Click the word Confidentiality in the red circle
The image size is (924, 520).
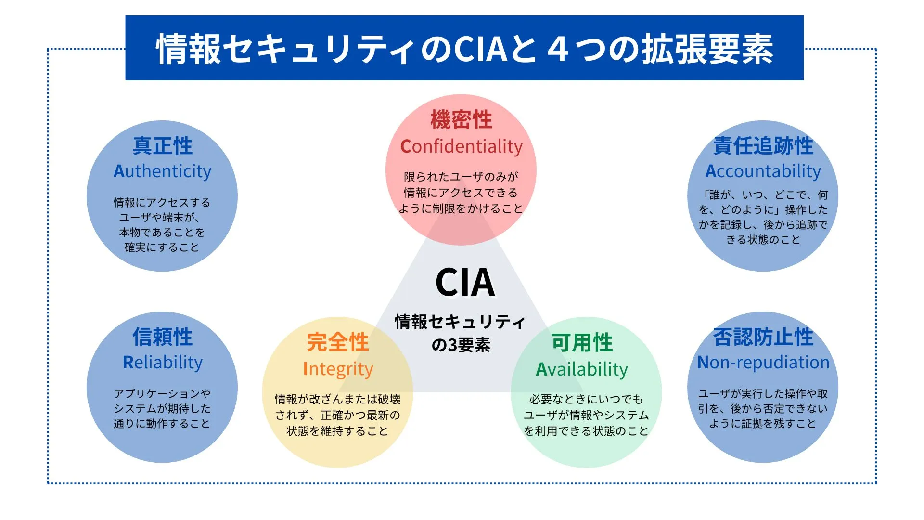(x=461, y=146)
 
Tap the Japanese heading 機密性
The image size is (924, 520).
(x=461, y=119)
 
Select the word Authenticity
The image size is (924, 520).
(x=162, y=171)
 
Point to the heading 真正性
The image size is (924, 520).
(x=162, y=145)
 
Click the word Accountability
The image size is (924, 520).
(x=763, y=171)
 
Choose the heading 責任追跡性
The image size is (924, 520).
(x=763, y=145)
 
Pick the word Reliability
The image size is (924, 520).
(x=162, y=362)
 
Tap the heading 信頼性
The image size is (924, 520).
(x=162, y=337)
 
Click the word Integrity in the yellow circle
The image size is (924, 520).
(x=338, y=369)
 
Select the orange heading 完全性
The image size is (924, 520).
(x=338, y=342)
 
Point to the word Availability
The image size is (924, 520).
(x=582, y=369)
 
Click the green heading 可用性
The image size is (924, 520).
(x=582, y=342)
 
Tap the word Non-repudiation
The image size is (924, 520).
(x=763, y=362)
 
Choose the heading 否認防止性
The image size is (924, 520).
(x=763, y=337)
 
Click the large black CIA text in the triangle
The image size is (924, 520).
(x=465, y=283)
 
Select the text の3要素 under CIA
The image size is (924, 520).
(x=461, y=345)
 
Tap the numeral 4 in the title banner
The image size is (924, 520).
(x=558, y=49)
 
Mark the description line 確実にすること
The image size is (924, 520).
(x=162, y=247)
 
